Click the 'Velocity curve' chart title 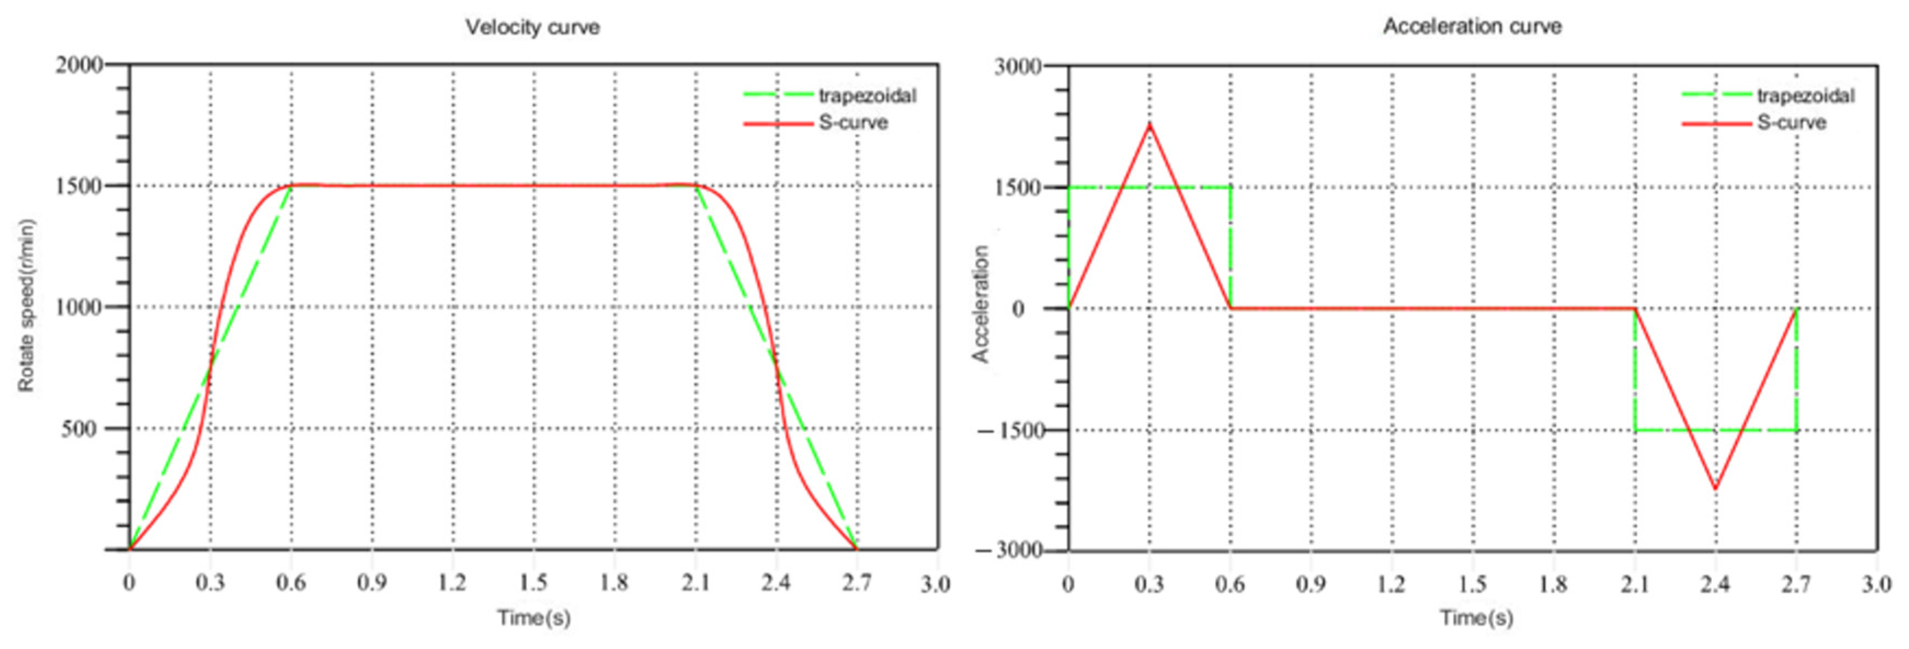[x=532, y=27]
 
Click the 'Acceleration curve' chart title [x=1472, y=27]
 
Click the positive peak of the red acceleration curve [x=1150, y=124]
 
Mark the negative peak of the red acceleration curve [x=1716, y=488]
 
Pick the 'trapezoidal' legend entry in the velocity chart [x=867, y=96]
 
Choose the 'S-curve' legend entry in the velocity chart [x=853, y=122]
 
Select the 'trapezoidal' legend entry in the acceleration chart [x=1805, y=96]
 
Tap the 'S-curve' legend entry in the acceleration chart [x=1791, y=122]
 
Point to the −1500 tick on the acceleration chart [x=1012, y=430]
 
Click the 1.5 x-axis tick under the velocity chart [x=534, y=584]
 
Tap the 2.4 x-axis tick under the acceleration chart [x=1716, y=584]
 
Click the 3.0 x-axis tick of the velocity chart [x=936, y=584]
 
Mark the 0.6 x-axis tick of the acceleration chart [x=1230, y=584]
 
